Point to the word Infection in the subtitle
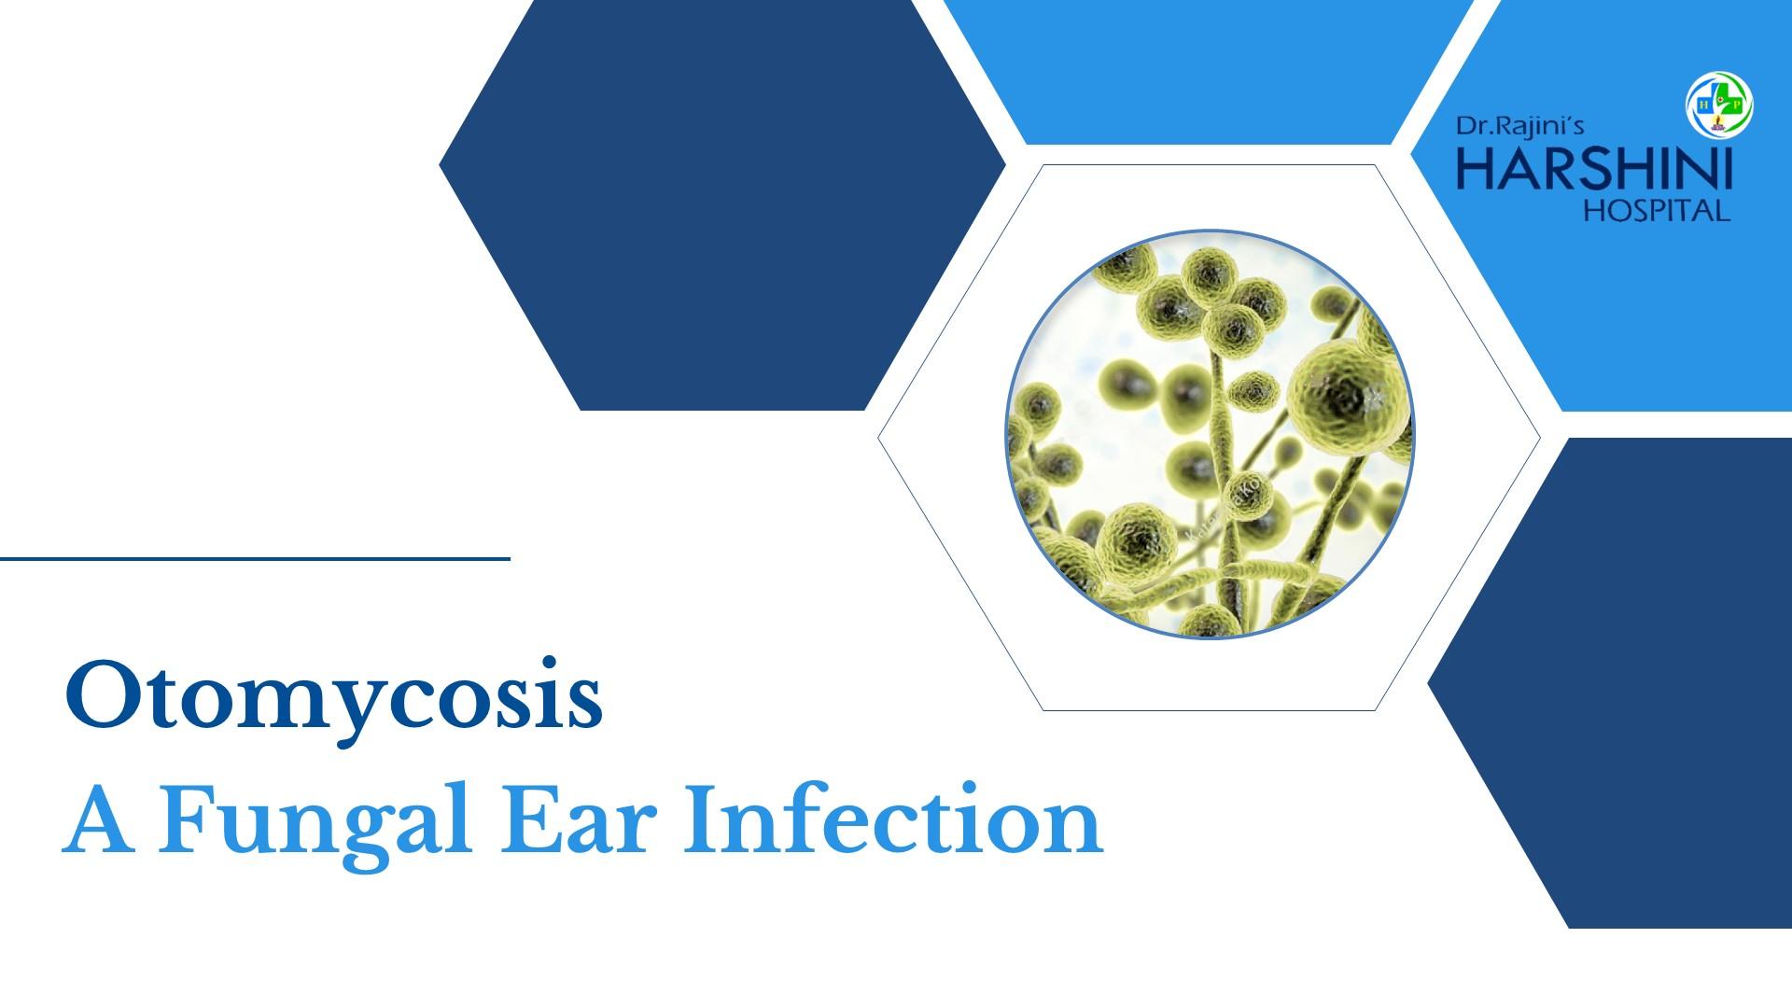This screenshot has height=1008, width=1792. (894, 822)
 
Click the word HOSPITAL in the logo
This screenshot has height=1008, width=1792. (1658, 212)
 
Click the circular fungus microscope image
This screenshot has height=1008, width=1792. (1210, 435)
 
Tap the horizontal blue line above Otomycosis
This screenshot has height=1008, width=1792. (255, 559)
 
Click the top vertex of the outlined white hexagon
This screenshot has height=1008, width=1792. (1043, 165)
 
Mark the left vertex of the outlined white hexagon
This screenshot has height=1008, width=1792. (878, 438)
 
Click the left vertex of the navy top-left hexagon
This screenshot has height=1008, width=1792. (440, 166)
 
